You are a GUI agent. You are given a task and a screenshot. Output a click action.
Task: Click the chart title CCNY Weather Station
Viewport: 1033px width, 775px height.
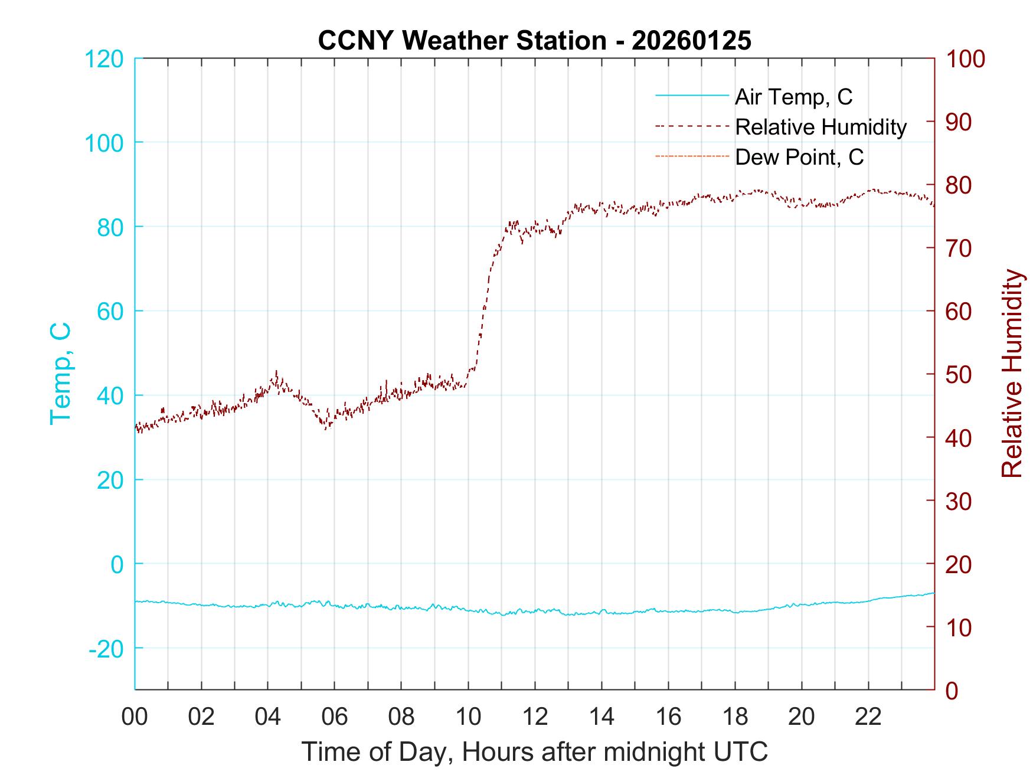pos(534,40)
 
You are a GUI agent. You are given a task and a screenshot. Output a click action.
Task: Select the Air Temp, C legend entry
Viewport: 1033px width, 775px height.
pos(793,96)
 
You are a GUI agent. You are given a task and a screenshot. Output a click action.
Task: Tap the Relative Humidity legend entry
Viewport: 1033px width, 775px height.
pos(820,127)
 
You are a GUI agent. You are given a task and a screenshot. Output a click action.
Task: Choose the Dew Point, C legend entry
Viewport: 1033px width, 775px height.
pos(799,157)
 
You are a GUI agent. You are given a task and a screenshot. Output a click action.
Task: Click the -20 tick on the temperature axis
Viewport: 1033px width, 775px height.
pos(106,649)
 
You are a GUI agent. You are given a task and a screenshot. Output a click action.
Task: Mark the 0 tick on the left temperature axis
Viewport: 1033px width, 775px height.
pos(117,564)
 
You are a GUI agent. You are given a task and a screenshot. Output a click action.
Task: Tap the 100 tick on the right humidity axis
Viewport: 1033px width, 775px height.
pos(966,59)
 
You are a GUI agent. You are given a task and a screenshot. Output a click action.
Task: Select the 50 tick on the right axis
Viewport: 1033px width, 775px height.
pos(960,374)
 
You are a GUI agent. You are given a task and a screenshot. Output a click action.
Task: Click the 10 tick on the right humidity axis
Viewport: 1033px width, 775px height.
pos(960,627)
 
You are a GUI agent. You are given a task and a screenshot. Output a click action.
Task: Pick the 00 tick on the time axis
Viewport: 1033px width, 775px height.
pos(135,717)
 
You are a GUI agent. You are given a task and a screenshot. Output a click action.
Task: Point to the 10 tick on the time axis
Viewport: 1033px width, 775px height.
pos(468,717)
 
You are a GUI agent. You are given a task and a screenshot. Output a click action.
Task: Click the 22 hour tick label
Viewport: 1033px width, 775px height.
pos(868,717)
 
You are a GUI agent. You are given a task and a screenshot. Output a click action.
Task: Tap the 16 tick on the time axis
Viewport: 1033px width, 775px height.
pos(668,717)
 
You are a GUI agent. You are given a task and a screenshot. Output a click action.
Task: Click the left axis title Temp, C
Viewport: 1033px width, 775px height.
pos(60,374)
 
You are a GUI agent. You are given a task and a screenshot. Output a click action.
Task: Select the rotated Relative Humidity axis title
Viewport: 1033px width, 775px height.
pos(1012,374)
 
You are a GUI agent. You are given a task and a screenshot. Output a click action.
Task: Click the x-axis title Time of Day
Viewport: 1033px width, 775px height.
pos(534,752)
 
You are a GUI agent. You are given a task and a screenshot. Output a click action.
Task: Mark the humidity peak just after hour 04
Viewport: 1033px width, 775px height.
pos(276,372)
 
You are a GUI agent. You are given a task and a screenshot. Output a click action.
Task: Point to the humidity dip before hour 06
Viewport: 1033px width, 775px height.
pos(325,428)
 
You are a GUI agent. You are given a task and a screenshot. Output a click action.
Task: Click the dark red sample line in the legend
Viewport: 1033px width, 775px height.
pos(692,127)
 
